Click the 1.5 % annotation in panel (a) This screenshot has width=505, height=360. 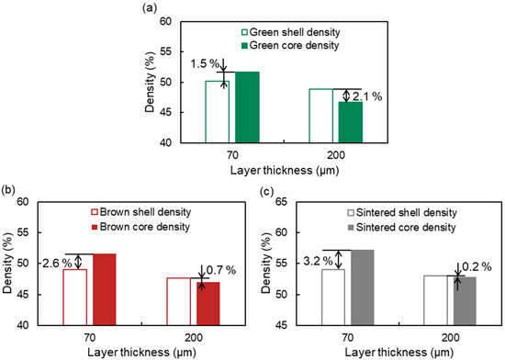click(203, 64)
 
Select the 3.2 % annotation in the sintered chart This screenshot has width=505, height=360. click(294, 261)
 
